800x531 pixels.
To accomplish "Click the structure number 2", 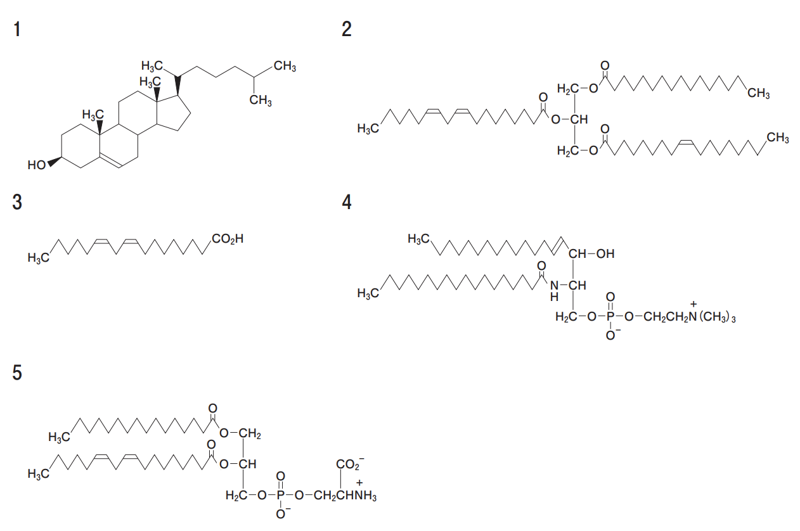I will (x=346, y=29).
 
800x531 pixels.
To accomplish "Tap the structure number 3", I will (x=18, y=202).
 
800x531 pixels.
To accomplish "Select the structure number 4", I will (x=346, y=202).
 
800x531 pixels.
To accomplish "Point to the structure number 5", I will (x=18, y=373).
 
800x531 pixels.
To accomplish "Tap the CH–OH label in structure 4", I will (x=591, y=254).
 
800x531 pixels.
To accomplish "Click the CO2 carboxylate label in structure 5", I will (x=348, y=464).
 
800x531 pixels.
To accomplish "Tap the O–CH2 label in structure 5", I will (x=240, y=433).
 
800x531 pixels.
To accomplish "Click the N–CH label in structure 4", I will (x=568, y=286).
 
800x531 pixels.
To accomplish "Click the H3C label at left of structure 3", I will (x=38, y=258).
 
